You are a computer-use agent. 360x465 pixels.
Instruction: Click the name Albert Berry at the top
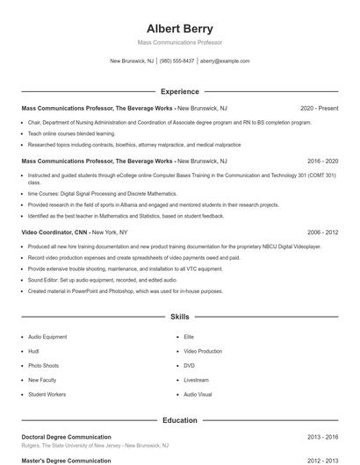[179, 29]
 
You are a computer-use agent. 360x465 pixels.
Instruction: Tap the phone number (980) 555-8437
[177, 61]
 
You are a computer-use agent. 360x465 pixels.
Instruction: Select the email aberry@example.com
[225, 61]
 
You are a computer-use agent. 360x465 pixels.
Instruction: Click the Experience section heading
[179, 91]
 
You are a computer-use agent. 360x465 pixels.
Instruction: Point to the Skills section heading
[179, 316]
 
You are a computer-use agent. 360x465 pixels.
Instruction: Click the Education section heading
[179, 420]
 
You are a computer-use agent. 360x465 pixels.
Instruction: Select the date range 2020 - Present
[319, 108]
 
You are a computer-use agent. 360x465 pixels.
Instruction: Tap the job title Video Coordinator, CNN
[52, 232]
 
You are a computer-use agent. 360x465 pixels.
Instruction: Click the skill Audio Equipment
[47, 336]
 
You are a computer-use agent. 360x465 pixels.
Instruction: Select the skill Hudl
[33, 351]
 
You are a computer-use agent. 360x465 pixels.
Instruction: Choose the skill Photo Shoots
[44, 365]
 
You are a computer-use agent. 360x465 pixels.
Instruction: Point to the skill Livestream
[196, 380]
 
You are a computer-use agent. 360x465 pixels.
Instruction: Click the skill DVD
[189, 365]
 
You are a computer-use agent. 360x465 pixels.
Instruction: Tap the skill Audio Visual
[198, 395]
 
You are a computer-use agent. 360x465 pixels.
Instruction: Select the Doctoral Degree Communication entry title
[66, 436]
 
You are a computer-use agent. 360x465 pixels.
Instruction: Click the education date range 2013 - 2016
[323, 436]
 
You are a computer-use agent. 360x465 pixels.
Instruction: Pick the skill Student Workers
[47, 395]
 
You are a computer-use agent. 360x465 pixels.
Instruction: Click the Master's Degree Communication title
[66, 460]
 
